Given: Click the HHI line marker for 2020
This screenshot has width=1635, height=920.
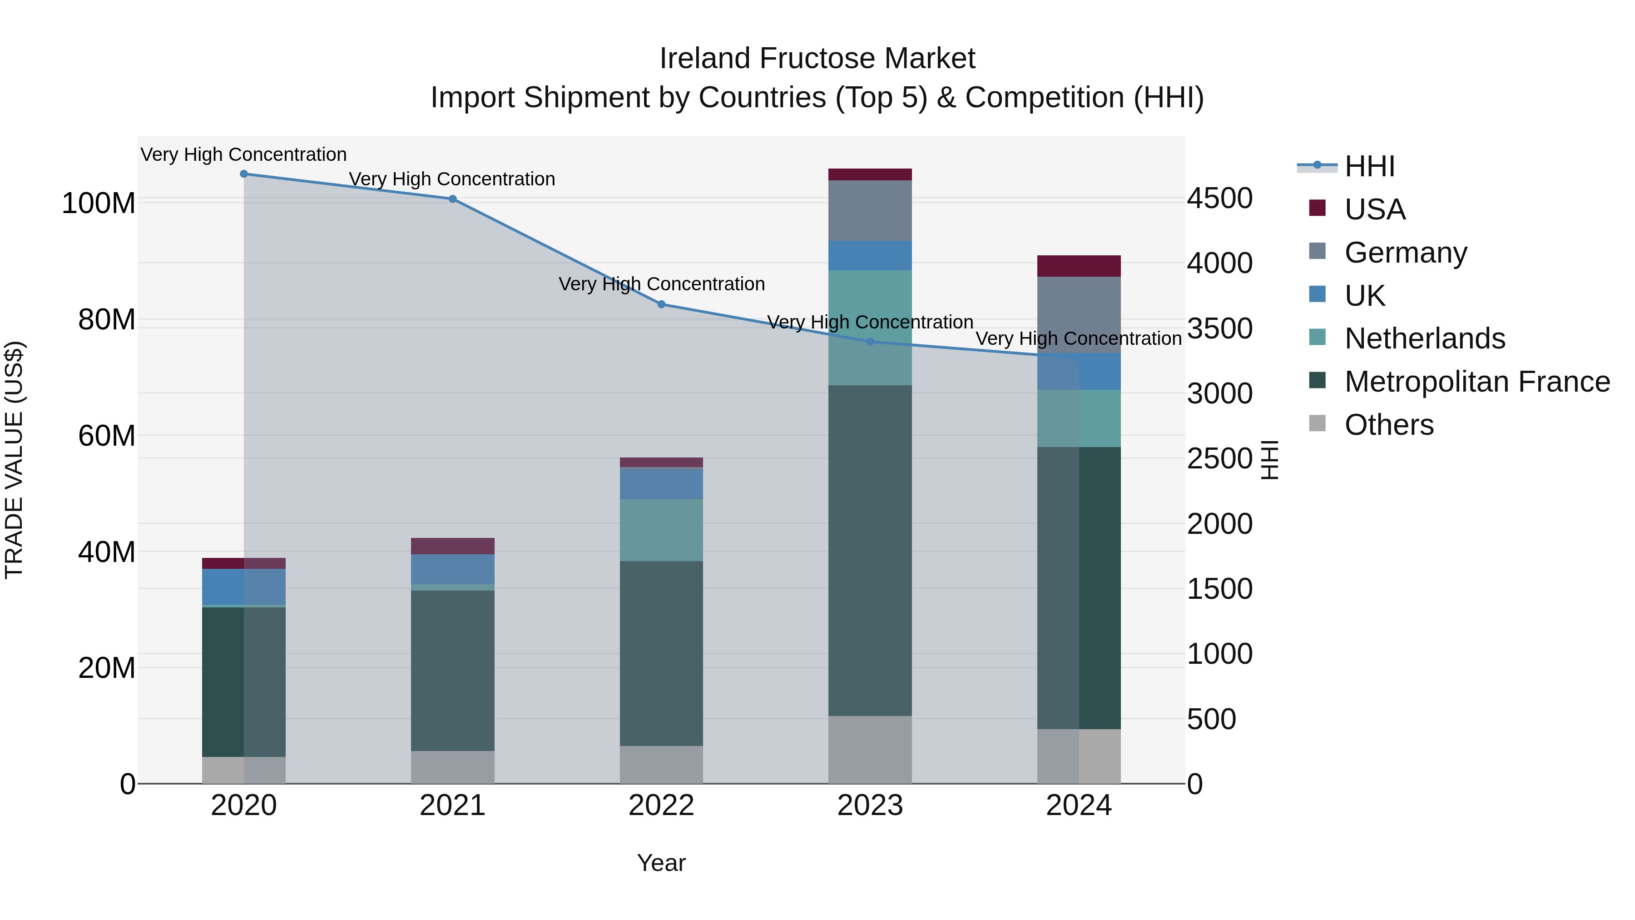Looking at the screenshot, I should click(244, 174).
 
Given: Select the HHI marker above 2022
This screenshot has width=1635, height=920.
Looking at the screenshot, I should click(661, 304).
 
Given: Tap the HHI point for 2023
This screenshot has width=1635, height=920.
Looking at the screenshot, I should click(870, 342).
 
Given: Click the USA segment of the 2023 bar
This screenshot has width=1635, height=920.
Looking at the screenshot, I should click(870, 174).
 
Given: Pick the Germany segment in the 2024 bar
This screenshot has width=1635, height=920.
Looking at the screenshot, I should click(1079, 315).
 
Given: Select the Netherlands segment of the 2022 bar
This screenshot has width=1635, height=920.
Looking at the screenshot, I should click(661, 530).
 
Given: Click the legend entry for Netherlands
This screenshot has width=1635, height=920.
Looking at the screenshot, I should click(1424, 338).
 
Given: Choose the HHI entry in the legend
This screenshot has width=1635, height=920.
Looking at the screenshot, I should click(1370, 166).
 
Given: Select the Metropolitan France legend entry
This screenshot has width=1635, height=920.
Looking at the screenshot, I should click(1476, 382).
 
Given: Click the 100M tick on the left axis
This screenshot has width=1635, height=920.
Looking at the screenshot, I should click(99, 204).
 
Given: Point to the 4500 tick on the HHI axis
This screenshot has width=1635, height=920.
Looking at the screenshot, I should click(1220, 199).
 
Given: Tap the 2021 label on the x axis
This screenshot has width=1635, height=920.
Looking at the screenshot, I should click(452, 806).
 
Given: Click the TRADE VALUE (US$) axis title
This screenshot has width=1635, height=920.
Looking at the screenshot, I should click(14, 460).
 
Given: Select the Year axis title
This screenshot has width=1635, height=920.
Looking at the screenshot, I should click(661, 863).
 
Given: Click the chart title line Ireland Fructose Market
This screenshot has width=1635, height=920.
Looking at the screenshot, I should click(817, 59).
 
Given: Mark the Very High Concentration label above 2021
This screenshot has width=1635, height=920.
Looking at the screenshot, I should click(452, 179).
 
